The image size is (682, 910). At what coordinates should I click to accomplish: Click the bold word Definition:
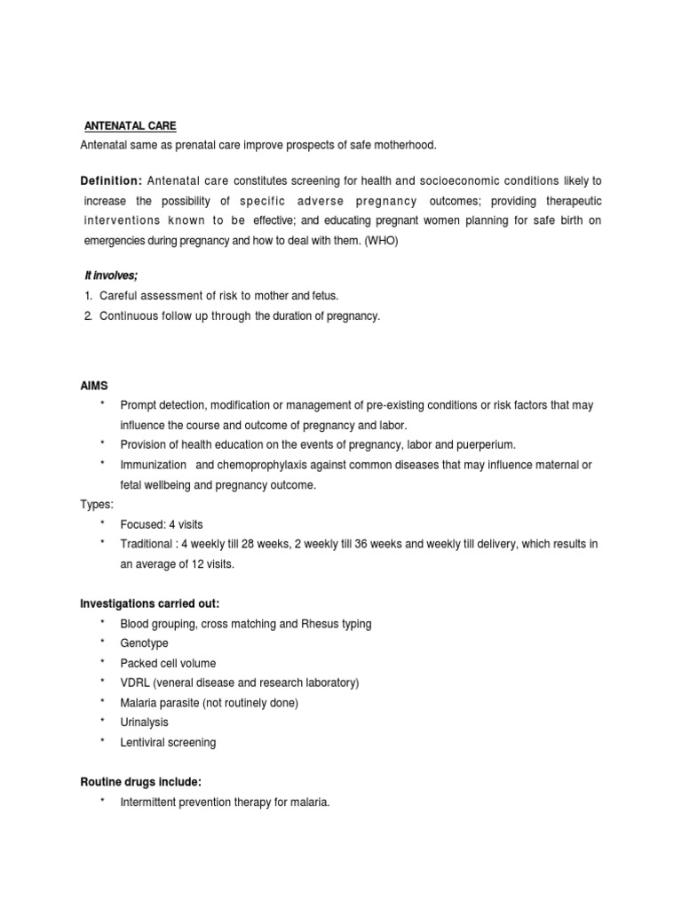tap(111, 181)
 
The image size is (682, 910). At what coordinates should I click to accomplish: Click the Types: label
tap(97, 505)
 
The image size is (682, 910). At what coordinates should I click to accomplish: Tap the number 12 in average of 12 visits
tap(210, 564)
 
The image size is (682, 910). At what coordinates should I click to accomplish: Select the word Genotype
tap(144, 643)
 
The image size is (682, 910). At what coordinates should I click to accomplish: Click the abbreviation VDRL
tap(135, 682)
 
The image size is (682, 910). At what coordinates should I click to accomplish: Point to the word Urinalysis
tap(144, 722)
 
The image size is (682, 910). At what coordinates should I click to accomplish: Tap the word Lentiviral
tap(143, 742)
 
